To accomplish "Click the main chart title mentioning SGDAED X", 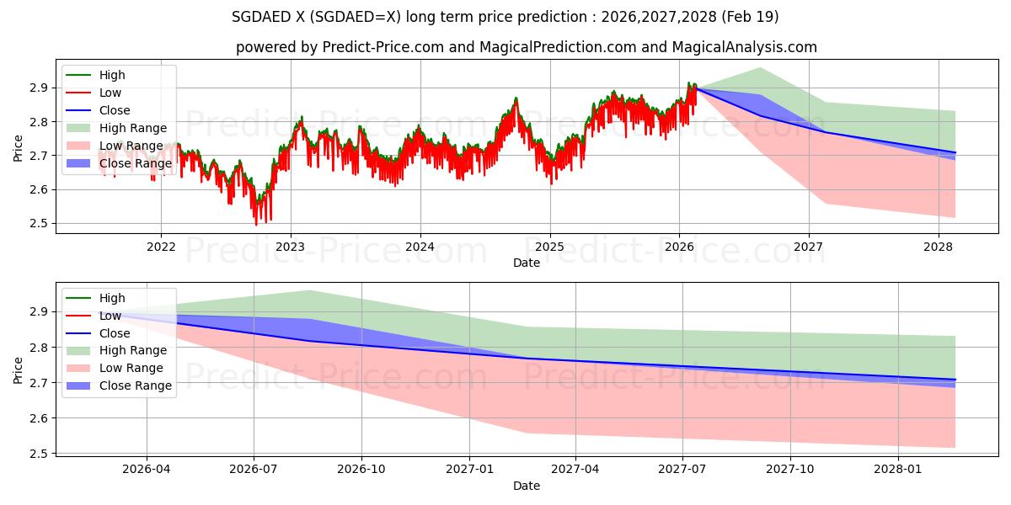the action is [505, 17].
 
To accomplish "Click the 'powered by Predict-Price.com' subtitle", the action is [526, 47].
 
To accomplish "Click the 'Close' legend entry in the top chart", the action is [115, 110].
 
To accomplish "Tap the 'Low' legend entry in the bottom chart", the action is [111, 316].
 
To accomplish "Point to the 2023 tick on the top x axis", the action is [291, 247].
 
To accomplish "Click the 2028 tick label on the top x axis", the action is [939, 247].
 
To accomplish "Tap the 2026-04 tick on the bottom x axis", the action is [147, 470].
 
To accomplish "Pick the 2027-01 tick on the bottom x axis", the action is [468, 470].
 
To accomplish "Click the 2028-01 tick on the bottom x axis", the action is [898, 470].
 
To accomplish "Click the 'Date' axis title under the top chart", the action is [527, 263].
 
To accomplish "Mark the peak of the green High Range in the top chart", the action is [760, 67].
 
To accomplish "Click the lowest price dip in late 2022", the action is [257, 224].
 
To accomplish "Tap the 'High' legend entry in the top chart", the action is [113, 75].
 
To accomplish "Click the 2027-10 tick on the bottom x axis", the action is [790, 470].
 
